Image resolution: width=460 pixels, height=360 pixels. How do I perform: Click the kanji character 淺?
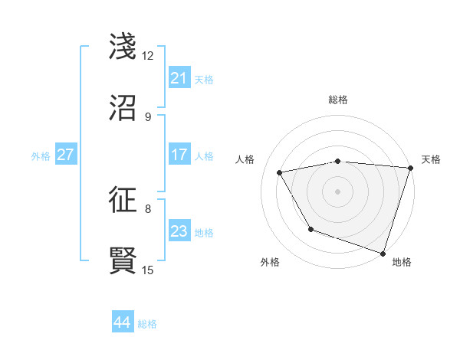pos(123,47)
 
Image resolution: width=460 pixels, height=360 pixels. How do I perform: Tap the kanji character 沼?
pos(123,109)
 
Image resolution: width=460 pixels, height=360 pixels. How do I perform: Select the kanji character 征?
pos(123,200)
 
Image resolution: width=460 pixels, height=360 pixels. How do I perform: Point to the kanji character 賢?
pos(123,261)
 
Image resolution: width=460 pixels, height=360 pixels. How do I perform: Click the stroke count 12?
pos(147,56)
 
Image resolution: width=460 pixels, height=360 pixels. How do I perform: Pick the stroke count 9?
pos(147,117)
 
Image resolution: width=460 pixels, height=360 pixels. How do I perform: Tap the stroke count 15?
pos(147,270)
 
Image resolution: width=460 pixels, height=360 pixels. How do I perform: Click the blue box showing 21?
pos(179,78)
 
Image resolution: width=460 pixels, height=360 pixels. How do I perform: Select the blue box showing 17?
pos(179,155)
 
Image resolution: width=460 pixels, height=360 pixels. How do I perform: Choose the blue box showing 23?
pos(179,231)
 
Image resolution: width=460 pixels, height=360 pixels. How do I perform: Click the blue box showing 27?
pos(66,155)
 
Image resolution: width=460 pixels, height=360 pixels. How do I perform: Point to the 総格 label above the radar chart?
pos(338,100)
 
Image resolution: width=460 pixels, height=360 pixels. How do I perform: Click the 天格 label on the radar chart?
pos(431,159)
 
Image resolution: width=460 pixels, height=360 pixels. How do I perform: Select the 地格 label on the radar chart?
pos(402,262)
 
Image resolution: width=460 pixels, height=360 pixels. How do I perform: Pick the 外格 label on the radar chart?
pos(270,262)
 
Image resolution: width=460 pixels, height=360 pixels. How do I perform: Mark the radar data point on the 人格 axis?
pos(280,173)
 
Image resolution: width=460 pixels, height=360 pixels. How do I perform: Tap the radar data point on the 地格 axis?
pos(383,252)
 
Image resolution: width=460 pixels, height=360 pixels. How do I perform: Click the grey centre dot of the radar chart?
pos(338,191)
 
